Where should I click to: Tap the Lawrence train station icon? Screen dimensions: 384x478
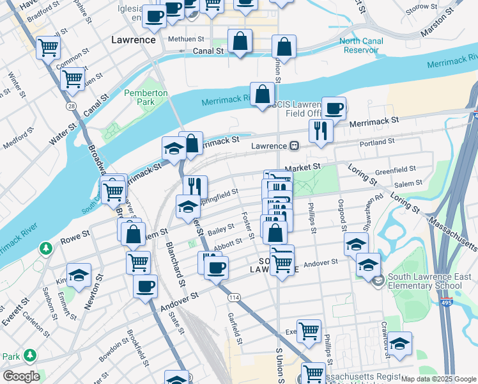(x=294, y=146)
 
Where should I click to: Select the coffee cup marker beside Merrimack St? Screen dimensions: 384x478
(x=334, y=108)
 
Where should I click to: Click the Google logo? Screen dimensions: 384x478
(x=21, y=376)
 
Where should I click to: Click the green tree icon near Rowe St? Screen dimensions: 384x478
(x=45, y=247)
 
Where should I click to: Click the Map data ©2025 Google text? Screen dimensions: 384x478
(x=438, y=379)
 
